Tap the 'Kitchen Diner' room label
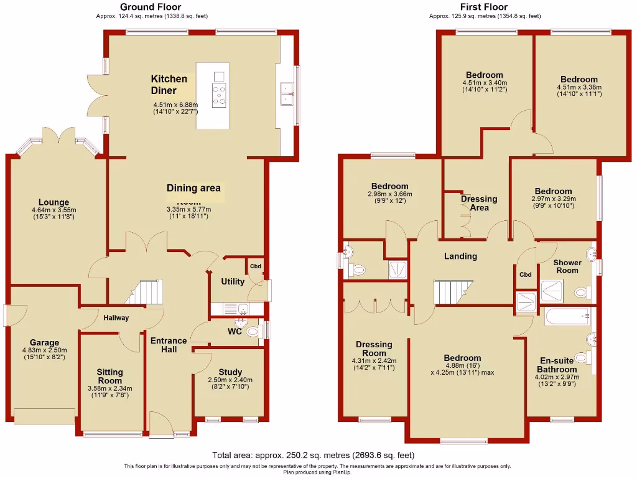tap(169, 85)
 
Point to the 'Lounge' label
tap(53, 202)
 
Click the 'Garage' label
tap(44, 342)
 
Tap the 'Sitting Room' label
tap(109, 377)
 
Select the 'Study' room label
tap(230, 372)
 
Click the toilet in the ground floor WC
tap(252, 332)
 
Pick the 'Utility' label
tap(233, 282)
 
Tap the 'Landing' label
tap(460, 256)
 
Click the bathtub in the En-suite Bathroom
tap(566, 317)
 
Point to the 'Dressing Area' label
tap(479, 203)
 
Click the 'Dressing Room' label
tap(374, 349)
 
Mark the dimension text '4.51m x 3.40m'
tap(485, 83)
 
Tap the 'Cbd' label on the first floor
tap(526, 274)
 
